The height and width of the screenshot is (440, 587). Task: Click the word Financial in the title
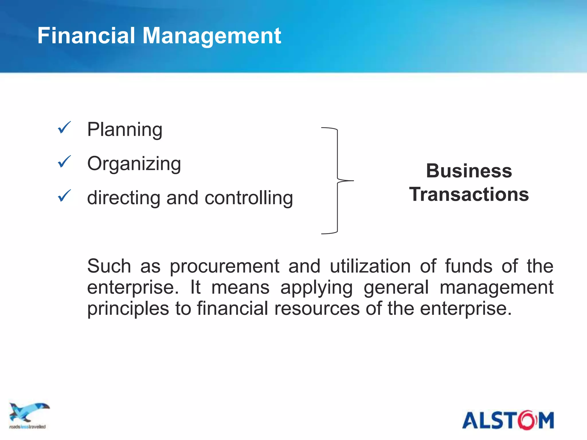pos(86,36)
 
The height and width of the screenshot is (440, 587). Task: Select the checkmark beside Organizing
pos(64,162)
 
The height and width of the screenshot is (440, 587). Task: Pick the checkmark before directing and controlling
pos(64,196)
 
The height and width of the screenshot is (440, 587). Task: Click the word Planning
pos(125,130)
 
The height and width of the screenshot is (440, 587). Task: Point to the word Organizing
pos(134,164)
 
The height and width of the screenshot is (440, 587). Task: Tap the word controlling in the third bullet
pos(249,198)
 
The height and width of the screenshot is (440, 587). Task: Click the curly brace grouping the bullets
pos(338,180)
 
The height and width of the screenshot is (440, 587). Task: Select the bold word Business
pos(469,171)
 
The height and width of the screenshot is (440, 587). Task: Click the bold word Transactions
pos(469,194)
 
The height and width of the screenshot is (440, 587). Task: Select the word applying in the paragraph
pos(316,288)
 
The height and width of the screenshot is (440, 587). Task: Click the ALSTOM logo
pos(508,420)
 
